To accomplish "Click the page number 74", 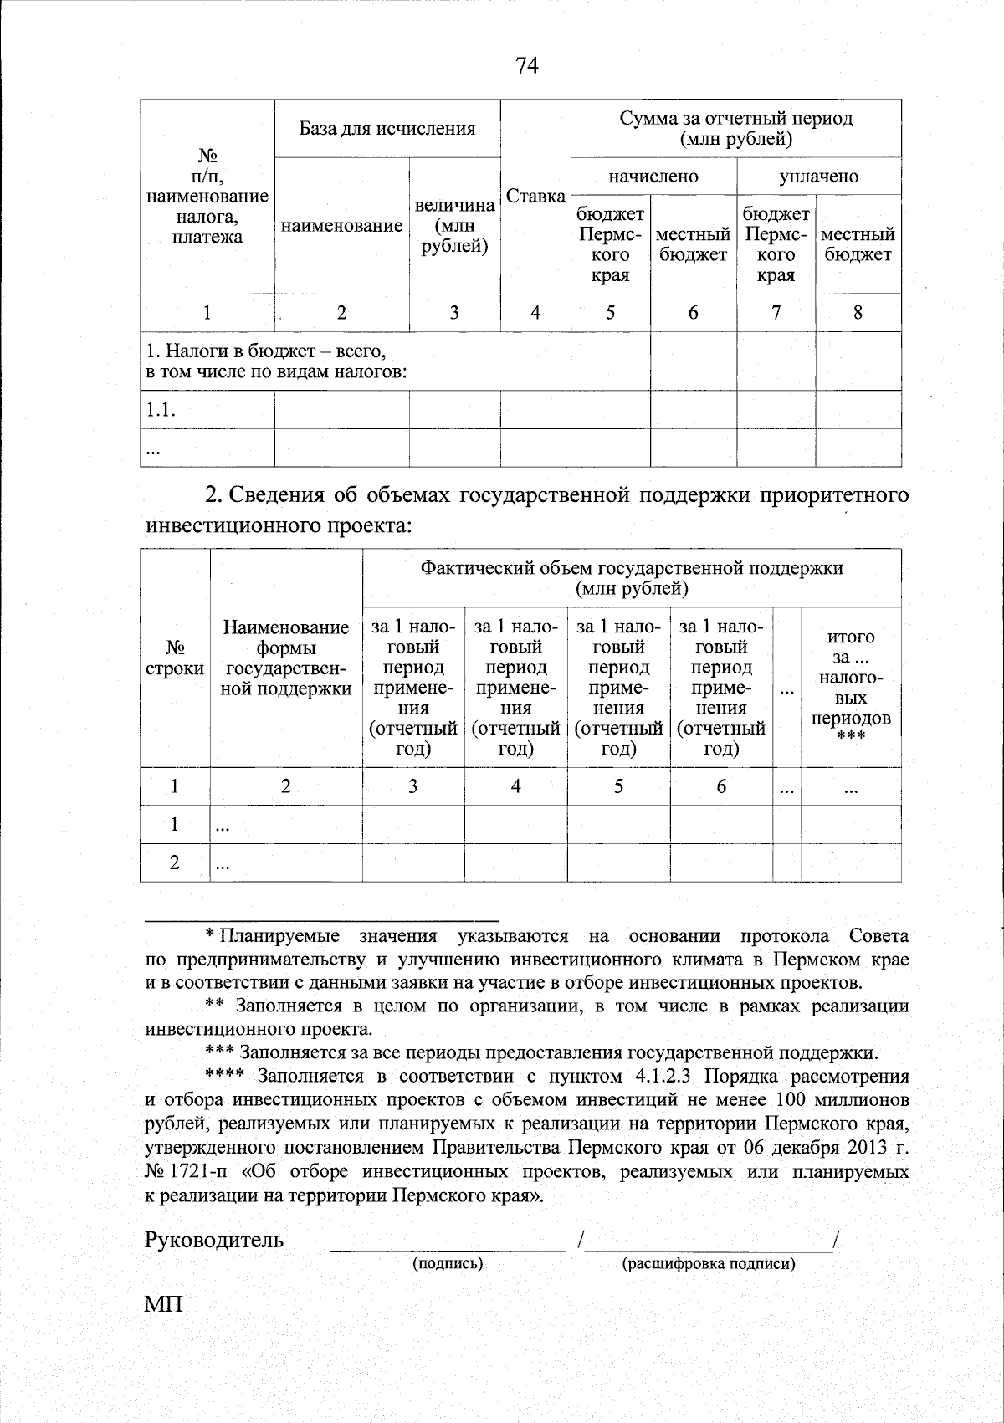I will tap(527, 65).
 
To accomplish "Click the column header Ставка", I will tap(535, 197).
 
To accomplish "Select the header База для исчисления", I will tap(387, 129).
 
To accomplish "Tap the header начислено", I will tap(653, 177).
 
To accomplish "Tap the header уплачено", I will tap(818, 177).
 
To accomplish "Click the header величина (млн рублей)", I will tap(454, 226).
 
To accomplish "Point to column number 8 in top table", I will tap(858, 313).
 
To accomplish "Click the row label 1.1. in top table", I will tap(161, 410).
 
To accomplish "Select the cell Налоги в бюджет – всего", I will tap(266, 352).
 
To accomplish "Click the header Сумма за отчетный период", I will tap(735, 128).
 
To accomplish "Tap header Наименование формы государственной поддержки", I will tap(285, 658).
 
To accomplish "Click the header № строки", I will tap(174, 658).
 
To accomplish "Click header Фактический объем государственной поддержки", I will tap(631, 578).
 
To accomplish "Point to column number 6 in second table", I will tap(720, 786).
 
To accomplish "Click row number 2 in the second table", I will tap(174, 863).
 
